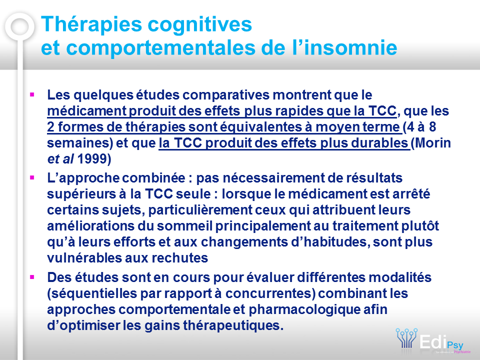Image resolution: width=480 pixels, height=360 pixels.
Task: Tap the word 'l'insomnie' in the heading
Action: coord(344,48)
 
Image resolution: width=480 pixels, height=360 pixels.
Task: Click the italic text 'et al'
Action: coord(60,159)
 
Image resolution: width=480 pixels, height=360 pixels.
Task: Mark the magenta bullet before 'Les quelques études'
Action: coord(32,94)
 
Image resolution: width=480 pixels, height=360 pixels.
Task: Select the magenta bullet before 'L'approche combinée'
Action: coord(32,177)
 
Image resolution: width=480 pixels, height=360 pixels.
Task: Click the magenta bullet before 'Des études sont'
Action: coord(32,277)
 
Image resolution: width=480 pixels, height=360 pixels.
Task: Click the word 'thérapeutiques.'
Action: coord(233,325)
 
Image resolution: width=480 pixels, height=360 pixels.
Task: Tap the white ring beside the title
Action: coord(19,26)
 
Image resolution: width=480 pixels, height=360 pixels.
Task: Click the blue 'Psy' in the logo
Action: coord(455,345)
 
